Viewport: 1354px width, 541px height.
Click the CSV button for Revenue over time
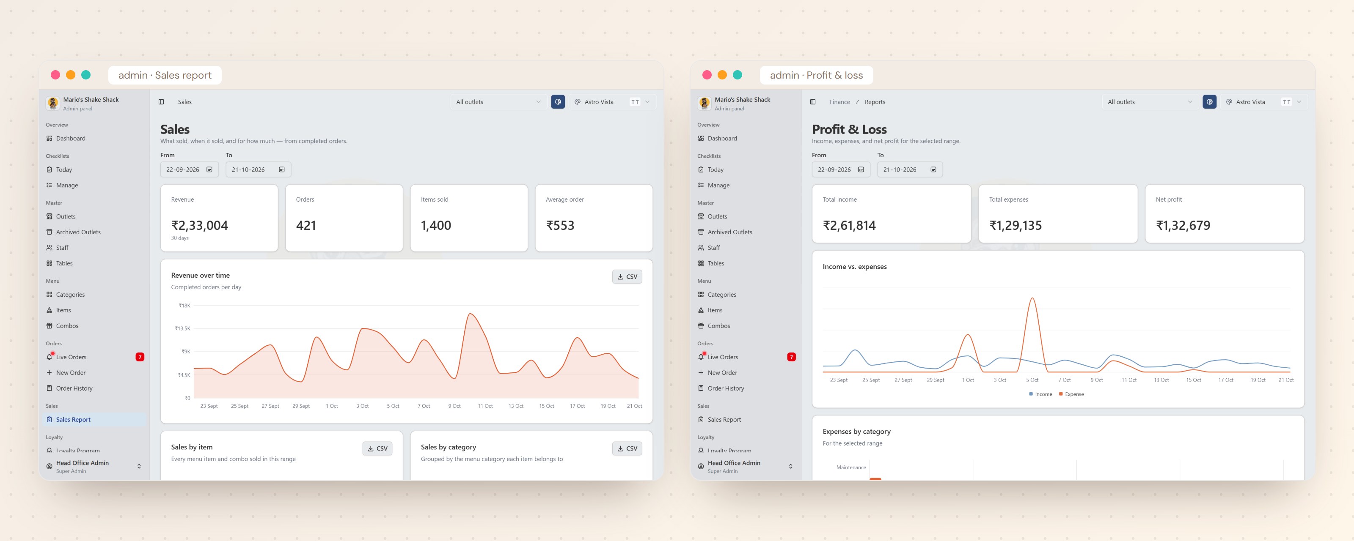point(627,277)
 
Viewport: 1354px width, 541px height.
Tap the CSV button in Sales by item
point(377,448)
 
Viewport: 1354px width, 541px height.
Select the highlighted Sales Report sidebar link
point(73,420)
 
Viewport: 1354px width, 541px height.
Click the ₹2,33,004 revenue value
point(200,225)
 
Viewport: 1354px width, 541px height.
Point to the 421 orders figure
point(306,225)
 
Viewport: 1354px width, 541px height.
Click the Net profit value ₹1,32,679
point(1183,225)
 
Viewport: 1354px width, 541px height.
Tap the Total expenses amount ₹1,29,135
point(1015,225)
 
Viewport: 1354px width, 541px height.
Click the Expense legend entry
point(1071,394)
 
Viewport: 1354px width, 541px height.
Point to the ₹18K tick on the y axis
point(184,306)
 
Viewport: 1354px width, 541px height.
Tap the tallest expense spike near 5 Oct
point(1032,298)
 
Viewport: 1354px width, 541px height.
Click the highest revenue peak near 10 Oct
point(470,314)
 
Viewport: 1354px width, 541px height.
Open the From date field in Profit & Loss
point(840,169)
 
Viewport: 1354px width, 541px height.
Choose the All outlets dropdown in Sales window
point(498,102)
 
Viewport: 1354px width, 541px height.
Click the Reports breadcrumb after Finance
point(875,102)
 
